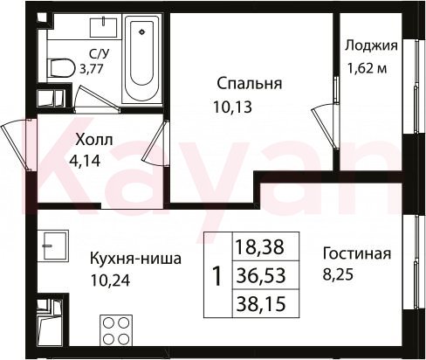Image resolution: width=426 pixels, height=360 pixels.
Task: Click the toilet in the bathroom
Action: (60, 69)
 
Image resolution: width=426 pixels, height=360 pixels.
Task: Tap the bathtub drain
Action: (142, 31)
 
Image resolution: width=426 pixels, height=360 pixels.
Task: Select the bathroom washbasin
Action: (103, 27)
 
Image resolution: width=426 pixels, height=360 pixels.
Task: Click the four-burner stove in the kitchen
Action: (116, 330)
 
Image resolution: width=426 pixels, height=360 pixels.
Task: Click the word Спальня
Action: (250, 84)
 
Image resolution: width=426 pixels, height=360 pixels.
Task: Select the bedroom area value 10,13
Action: (232, 107)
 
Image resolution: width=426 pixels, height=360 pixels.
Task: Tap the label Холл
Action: (93, 141)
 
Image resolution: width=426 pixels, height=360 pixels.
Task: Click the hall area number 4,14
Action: (85, 161)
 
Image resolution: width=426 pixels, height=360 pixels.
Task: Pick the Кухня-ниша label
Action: (135, 259)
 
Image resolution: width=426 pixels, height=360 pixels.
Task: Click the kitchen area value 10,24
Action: (110, 280)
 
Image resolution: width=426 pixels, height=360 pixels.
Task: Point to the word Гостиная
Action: (357, 253)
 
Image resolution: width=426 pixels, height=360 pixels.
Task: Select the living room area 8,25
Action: (338, 274)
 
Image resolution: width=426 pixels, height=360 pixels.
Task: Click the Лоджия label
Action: (371, 46)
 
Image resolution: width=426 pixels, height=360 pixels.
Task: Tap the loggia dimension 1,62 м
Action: (367, 68)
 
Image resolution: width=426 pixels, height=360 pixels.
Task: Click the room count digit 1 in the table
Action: (217, 276)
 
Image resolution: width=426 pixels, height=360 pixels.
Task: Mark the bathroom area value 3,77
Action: (92, 69)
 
